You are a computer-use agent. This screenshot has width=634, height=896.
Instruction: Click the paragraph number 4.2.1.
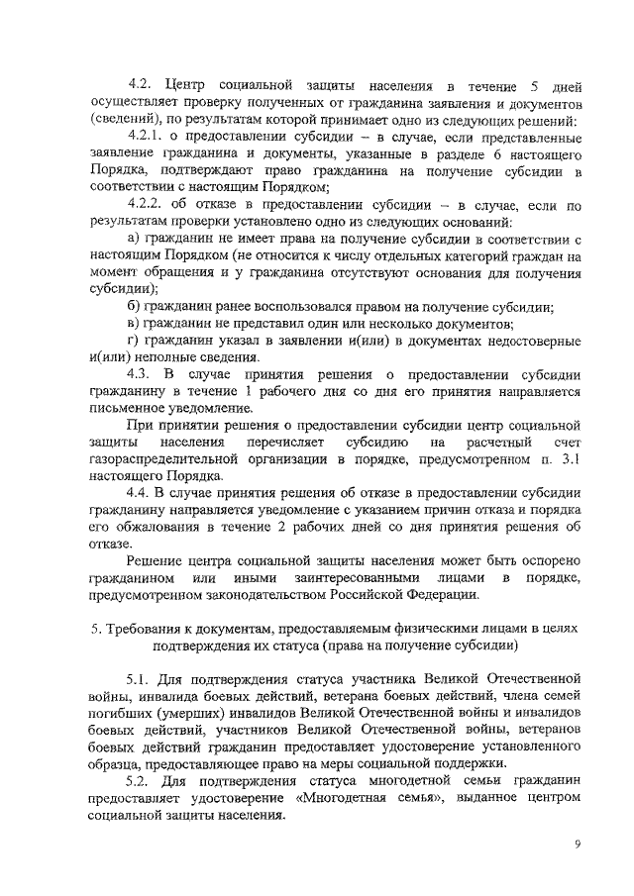click(x=148, y=136)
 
